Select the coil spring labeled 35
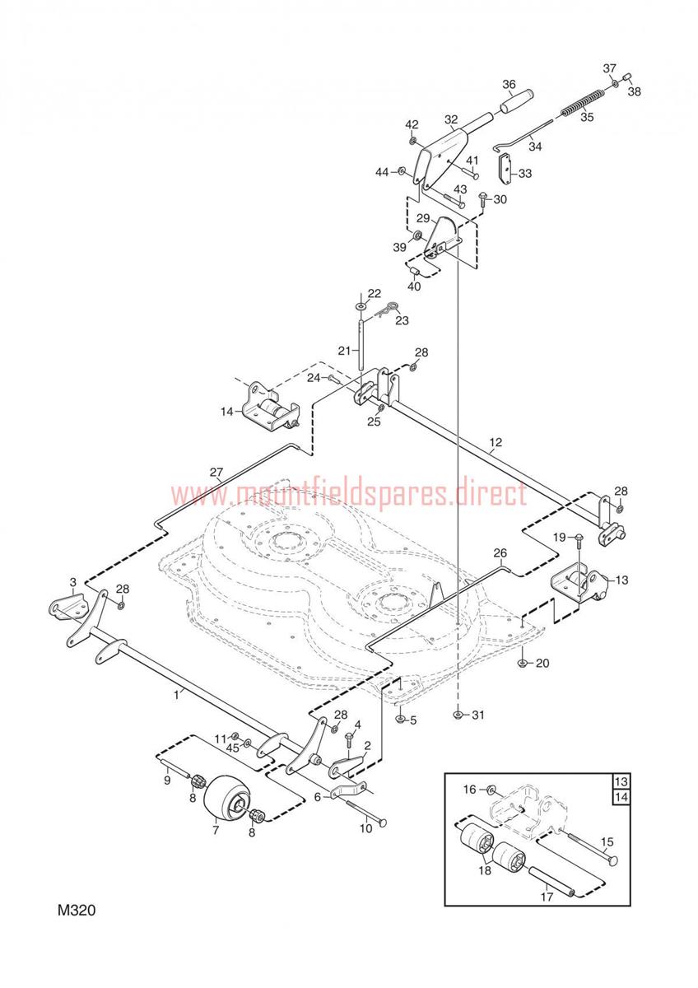(x=584, y=101)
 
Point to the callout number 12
(x=496, y=441)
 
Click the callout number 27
(x=216, y=473)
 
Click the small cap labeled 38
(x=626, y=77)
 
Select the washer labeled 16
(x=491, y=788)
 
